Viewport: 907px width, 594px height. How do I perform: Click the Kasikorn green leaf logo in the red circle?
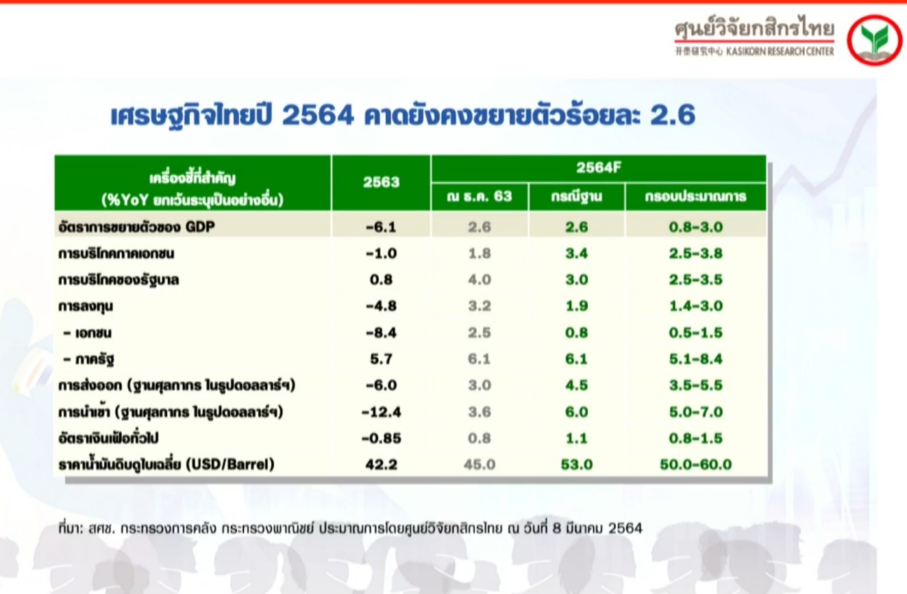click(x=875, y=40)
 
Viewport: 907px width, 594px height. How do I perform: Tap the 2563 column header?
click(x=381, y=183)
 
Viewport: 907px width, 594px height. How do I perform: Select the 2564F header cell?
click(x=599, y=168)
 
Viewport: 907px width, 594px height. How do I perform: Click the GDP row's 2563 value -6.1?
click(x=381, y=227)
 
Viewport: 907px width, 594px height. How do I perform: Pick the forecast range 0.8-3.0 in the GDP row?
click(x=695, y=227)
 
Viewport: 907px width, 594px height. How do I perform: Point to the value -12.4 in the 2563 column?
click(x=381, y=412)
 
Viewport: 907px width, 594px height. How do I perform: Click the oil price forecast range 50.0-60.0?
click(x=695, y=464)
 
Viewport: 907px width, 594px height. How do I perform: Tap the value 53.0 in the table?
click(x=577, y=464)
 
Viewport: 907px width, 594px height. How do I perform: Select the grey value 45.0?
click(x=479, y=464)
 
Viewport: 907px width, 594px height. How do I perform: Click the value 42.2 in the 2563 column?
click(x=381, y=464)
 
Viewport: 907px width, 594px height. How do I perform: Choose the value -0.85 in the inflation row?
click(x=381, y=439)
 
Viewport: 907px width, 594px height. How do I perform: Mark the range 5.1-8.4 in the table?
click(x=695, y=359)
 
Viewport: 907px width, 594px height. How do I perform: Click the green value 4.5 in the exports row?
click(x=577, y=385)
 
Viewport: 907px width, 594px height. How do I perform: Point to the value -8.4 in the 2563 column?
click(x=381, y=333)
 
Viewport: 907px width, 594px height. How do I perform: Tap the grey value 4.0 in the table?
click(x=479, y=279)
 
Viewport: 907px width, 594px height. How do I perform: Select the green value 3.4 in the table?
click(x=577, y=253)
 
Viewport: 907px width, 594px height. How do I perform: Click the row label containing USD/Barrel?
click(x=166, y=463)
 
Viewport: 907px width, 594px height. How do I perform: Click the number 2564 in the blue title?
click(x=318, y=115)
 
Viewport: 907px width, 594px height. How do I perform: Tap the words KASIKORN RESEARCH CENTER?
click(x=780, y=51)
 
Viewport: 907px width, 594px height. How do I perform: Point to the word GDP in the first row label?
click(x=200, y=227)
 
